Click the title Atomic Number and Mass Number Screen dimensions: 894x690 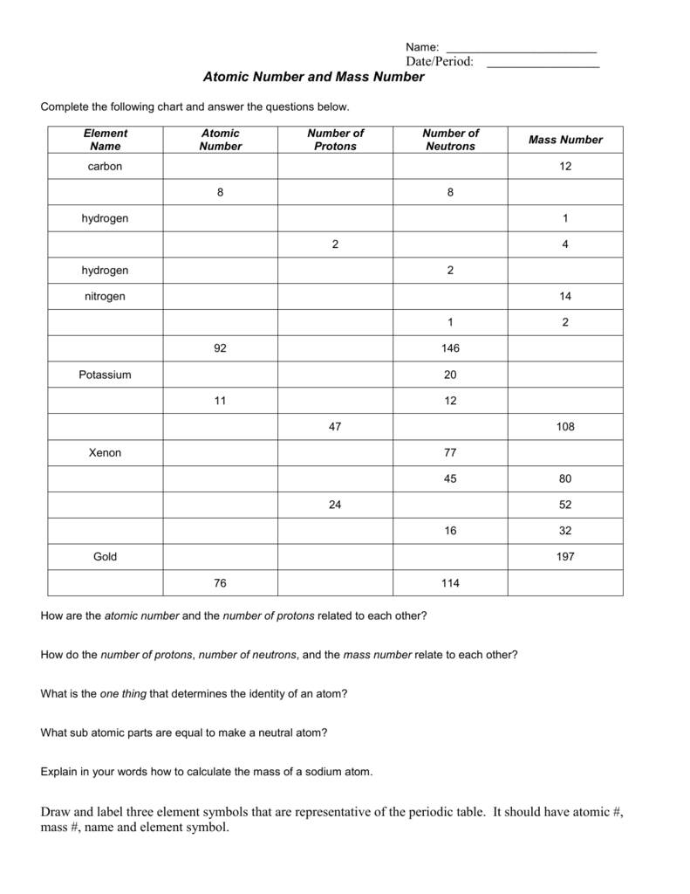point(313,78)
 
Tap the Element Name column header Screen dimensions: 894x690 point(106,140)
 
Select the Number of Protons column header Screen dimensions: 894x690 point(335,140)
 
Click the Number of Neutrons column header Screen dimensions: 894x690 point(450,140)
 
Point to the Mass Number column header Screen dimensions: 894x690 point(565,140)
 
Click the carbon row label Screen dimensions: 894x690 point(106,166)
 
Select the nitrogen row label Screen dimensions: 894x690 point(106,296)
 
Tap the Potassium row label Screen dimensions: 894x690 point(106,375)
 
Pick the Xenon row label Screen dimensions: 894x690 point(106,453)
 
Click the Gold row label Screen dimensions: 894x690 point(106,556)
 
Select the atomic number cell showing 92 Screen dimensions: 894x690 point(220,348)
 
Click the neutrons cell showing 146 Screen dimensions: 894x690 point(450,348)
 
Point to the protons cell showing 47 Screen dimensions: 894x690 point(335,427)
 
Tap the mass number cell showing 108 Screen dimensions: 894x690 point(565,427)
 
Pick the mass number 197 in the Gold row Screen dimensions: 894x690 point(565,556)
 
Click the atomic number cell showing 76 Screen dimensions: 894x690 point(220,582)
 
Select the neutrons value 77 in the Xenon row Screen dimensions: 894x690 point(450,453)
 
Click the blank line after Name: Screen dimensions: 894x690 point(521,47)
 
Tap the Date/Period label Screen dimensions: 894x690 point(439,61)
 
